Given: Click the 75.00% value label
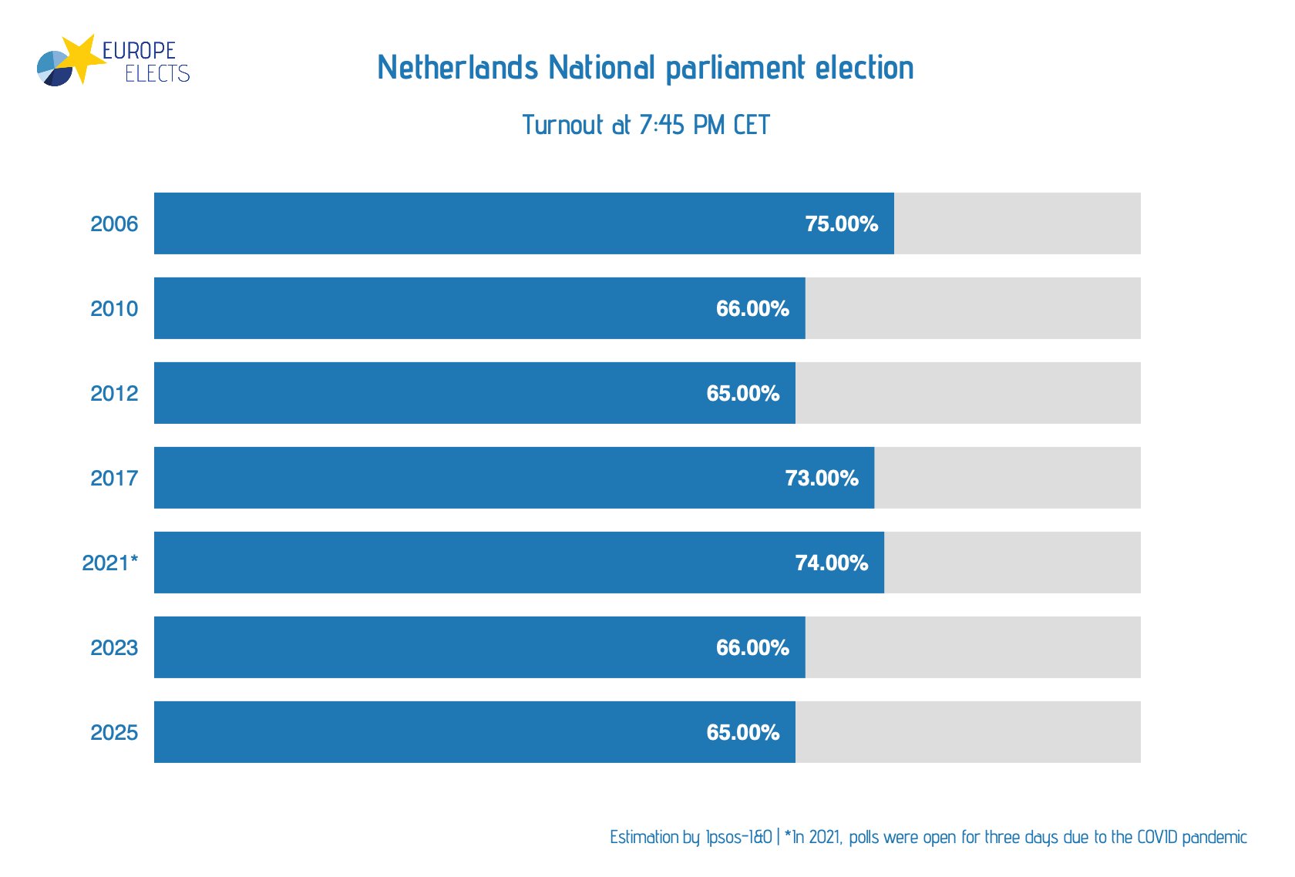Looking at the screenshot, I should (x=841, y=223).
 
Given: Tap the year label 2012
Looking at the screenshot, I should (x=114, y=393).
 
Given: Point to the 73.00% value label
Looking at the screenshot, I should (x=822, y=478).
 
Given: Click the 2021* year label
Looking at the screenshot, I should (x=109, y=563).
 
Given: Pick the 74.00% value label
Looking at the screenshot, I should (x=831, y=563).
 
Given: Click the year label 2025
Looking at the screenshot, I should (x=114, y=732).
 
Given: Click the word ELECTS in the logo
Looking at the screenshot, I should (x=157, y=74).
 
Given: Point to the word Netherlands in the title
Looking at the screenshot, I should (x=457, y=68).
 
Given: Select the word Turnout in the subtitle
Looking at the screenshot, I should (x=563, y=125).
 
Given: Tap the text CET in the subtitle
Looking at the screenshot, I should (x=752, y=125).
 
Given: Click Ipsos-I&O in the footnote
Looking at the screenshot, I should (x=738, y=837).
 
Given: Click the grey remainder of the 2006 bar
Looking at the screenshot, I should (x=1017, y=223).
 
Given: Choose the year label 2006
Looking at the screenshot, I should (x=114, y=223).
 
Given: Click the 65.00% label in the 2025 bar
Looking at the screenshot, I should (x=742, y=732).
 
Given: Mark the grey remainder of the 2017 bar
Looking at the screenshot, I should (x=1007, y=478).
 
